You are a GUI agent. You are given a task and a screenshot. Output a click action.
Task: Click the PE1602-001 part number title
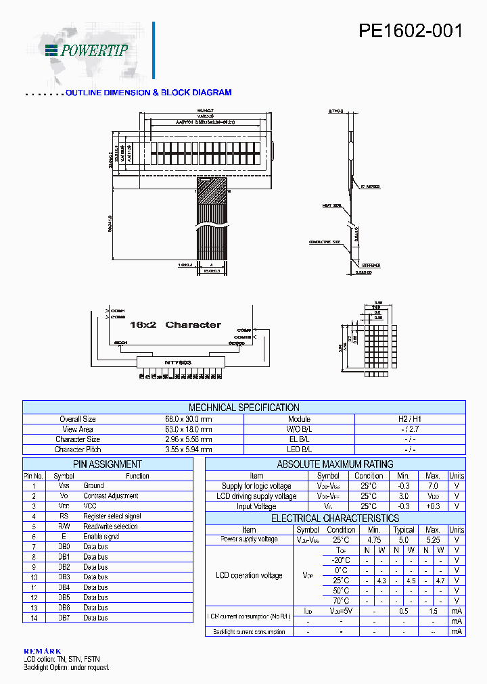(x=411, y=32)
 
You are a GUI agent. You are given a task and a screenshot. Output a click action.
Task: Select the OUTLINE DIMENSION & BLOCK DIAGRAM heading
(x=149, y=93)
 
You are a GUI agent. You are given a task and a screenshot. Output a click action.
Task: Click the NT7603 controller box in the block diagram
(x=177, y=362)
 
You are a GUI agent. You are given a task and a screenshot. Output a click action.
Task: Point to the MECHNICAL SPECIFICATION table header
(x=243, y=408)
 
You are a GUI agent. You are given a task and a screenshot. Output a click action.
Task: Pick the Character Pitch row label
(x=78, y=449)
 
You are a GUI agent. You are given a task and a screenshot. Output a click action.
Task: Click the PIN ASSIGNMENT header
(x=108, y=464)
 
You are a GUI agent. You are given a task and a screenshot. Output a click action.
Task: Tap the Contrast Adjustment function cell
(x=111, y=495)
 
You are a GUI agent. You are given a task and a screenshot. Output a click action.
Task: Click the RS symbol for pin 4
(x=64, y=516)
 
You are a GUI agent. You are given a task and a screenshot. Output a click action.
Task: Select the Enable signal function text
(x=101, y=537)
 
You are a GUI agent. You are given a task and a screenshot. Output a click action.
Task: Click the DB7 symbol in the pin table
(x=64, y=618)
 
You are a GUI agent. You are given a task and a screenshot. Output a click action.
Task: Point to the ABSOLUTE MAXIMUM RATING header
(x=335, y=464)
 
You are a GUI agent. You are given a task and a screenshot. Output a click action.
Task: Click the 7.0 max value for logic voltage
(x=433, y=486)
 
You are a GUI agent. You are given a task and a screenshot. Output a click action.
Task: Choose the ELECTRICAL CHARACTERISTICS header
(x=335, y=518)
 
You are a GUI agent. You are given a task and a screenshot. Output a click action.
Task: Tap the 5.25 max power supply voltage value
(x=433, y=539)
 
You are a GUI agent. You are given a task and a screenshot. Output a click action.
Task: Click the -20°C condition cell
(x=341, y=560)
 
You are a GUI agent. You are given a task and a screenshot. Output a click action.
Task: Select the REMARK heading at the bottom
(x=42, y=651)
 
